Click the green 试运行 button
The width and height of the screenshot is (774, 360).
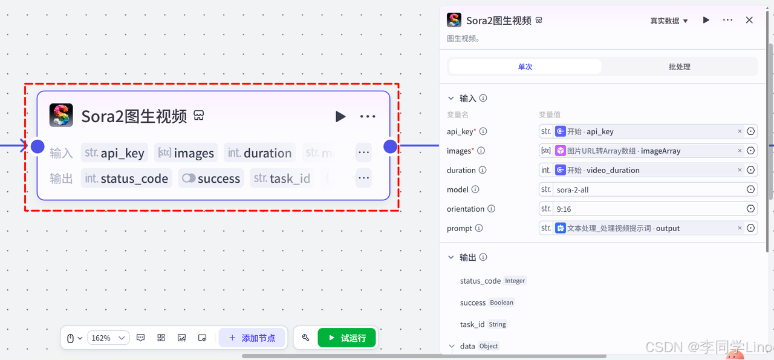pyautogui.click(x=346, y=338)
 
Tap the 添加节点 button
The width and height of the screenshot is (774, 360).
pyautogui.click(x=252, y=338)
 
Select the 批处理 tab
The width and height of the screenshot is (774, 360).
pyautogui.click(x=679, y=67)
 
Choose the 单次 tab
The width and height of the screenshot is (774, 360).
pyautogui.click(x=525, y=67)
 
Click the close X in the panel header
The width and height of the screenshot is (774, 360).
pyautogui.click(x=749, y=20)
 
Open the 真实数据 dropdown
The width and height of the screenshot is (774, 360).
pyautogui.click(x=669, y=21)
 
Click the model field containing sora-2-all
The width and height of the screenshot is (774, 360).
pyautogui.click(x=647, y=189)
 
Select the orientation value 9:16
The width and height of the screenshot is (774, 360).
pyautogui.click(x=647, y=209)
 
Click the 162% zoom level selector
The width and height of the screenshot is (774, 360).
pyautogui.click(x=108, y=338)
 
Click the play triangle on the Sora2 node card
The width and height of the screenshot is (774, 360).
pyautogui.click(x=340, y=116)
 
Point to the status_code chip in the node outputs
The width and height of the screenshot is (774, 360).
pyautogui.click(x=126, y=178)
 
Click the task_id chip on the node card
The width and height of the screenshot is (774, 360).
pyautogui.click(x=282, y=178)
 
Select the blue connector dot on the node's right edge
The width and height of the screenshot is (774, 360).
pyautogui.click(x=391, y=146)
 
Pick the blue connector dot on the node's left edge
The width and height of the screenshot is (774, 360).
pyautogui.click(x=37, y=146)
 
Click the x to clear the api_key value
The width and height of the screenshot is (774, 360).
pyautogui.click(x=740, y=131)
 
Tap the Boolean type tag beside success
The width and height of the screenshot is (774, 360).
pyautogui.click(x=501, y=303)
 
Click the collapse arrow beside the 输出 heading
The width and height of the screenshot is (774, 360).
pyautogui.click(x=450, y=257)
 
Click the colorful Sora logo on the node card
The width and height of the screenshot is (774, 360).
pyautogui.click(x=61, y=115)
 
